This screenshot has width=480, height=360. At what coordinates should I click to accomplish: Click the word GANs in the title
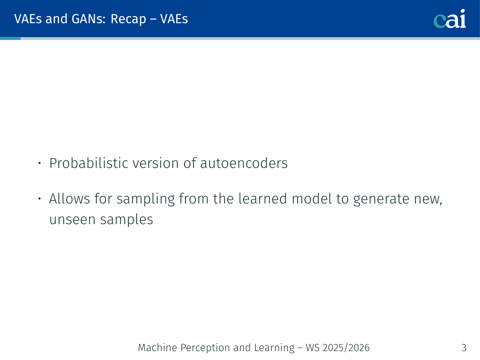tap(89, 19)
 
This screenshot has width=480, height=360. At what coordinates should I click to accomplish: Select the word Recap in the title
tap(128, 19)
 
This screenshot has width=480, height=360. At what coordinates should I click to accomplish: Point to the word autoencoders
tap(244, 163)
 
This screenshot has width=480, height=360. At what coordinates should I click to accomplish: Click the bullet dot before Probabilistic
tap(39, 163)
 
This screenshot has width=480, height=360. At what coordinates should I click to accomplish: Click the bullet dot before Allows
tap(39, 199)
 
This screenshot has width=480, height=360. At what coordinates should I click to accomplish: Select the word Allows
tap(70, 198)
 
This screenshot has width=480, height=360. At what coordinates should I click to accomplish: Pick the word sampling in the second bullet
tap(146, 199)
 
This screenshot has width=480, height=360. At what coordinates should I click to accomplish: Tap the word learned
tap(263, 198)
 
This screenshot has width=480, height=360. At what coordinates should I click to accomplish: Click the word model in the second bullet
tap(312, 198)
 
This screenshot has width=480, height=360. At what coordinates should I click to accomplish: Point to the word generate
tap(381, 199)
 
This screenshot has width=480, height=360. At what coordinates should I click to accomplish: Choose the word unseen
tap(72, 220)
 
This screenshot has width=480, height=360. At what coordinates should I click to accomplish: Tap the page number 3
tap(464, 348)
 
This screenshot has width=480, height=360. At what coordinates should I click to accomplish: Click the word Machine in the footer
tap(157, 348)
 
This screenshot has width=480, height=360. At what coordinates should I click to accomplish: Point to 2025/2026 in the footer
tap(346, 348)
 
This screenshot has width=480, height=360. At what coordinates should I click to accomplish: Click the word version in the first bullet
tap(156, 163)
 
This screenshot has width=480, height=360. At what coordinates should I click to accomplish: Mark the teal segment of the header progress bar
tap(10, 38)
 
